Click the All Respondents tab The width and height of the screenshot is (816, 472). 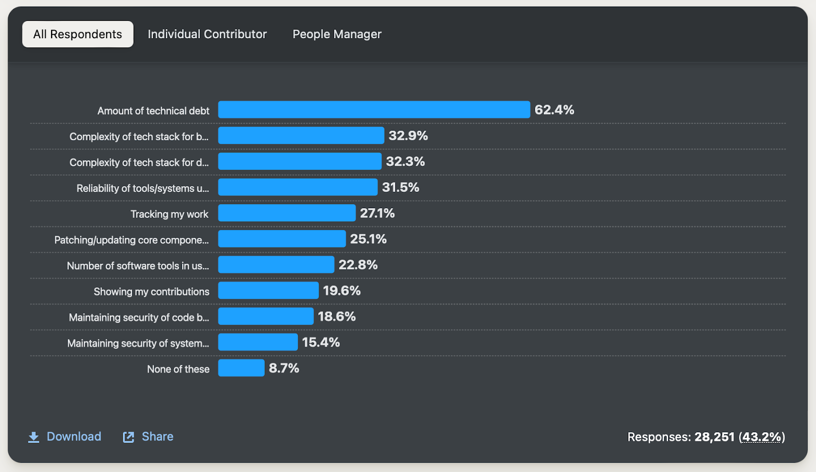pyautogui.click(x=78, y=34)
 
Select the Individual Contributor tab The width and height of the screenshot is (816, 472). pyautogui.click(x=207, y=34)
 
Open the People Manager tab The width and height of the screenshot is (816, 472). pyautogui.click(x=337, y=34)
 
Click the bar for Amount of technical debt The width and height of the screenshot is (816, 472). pyautogui.click(x=374, y=110)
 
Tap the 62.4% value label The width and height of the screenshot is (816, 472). pyautogui.click(x=554, y=110)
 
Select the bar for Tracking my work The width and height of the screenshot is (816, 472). pyautogui.click(x=287, y=213)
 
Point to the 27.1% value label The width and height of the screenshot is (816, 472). pyautogui.click(x=377, y=213)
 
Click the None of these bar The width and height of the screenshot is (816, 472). pyautogui.click(x=241, y=368)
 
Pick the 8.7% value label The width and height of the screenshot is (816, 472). pyautogui.click(x=284, y=368)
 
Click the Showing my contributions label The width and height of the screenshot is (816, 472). pyautogui.click(x=151, y=291)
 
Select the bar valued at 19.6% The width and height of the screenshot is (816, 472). pyautogui.click(x=268, y=291)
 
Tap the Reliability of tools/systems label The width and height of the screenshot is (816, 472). pyautogui.click(x=143, y=188)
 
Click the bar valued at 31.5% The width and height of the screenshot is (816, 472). pyautogui.click(x=298, y=187)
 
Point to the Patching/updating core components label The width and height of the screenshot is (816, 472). pyautogui.click(x=132, y=240)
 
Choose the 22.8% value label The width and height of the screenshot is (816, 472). pyautogui.click(x=358, y=265)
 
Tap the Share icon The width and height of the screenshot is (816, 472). pyautogui.click(x=129, y=437)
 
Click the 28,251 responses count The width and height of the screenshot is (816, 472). pyautogui.click(x=714, y=437)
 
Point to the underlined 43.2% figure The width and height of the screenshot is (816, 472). pyautogui.click(x=762, y=437)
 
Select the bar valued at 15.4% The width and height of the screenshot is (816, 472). pyautogui.click(x=258, y=342)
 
